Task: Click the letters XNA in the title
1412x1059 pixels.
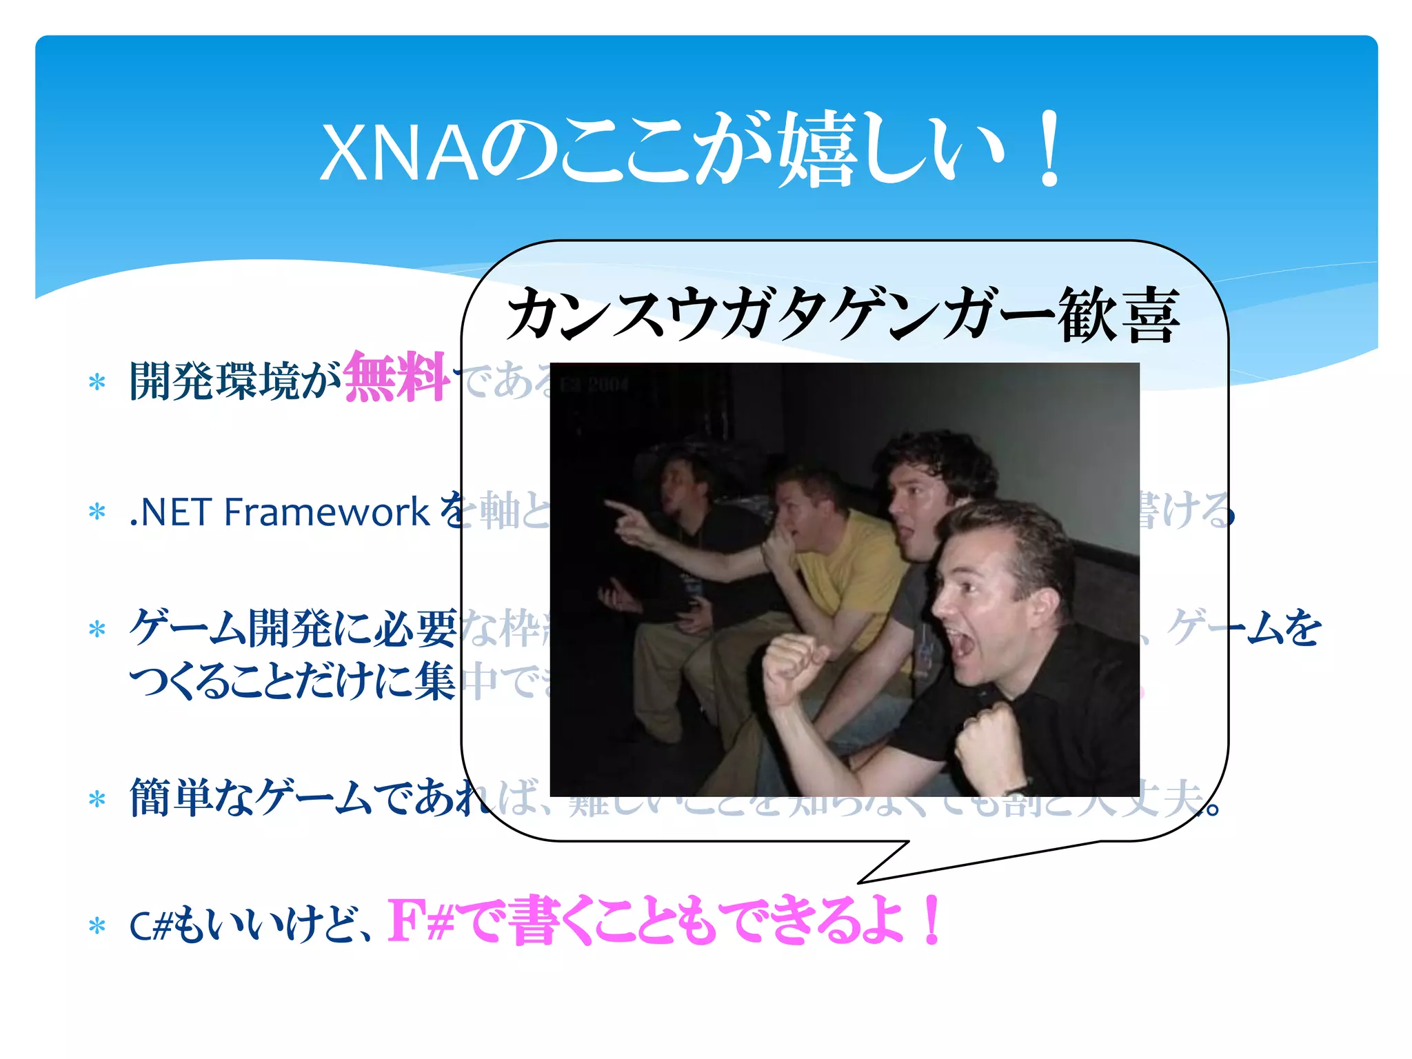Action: (400, 153)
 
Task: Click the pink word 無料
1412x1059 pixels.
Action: (396, 377)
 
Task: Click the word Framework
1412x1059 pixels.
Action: (327, 512)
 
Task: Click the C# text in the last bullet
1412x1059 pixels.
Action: (150, 926)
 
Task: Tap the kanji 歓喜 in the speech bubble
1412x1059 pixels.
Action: (1118, 315)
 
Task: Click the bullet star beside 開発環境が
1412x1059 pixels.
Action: (97, 382)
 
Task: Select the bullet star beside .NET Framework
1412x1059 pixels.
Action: (97, 512)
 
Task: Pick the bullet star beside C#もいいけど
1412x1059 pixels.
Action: (97, 926)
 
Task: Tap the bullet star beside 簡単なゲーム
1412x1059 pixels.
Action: (97, 799)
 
